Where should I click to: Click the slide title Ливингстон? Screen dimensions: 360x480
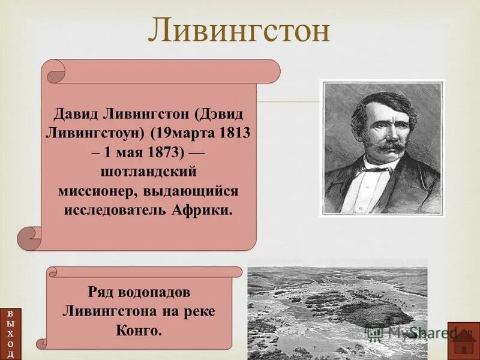click(239, 31)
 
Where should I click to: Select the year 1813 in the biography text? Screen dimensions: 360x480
click(233, 133)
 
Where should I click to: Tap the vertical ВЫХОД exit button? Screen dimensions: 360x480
click(10, 334)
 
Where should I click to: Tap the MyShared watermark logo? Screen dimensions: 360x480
click(414, 331)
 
